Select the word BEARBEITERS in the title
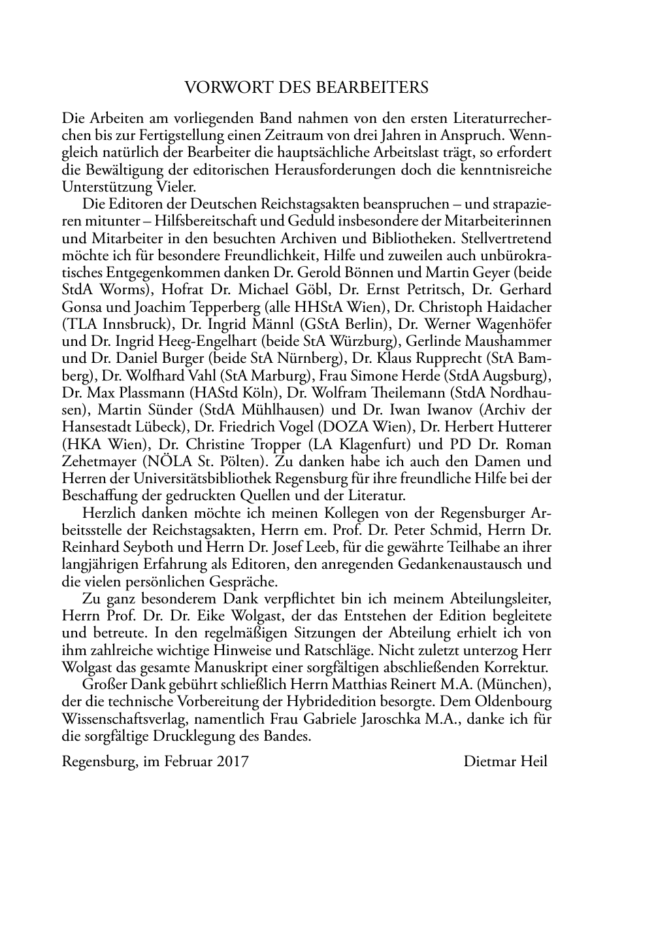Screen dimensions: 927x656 pos(382,88)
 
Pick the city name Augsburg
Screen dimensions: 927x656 pos(514,375)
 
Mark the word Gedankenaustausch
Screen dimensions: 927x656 pos(465,564)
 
